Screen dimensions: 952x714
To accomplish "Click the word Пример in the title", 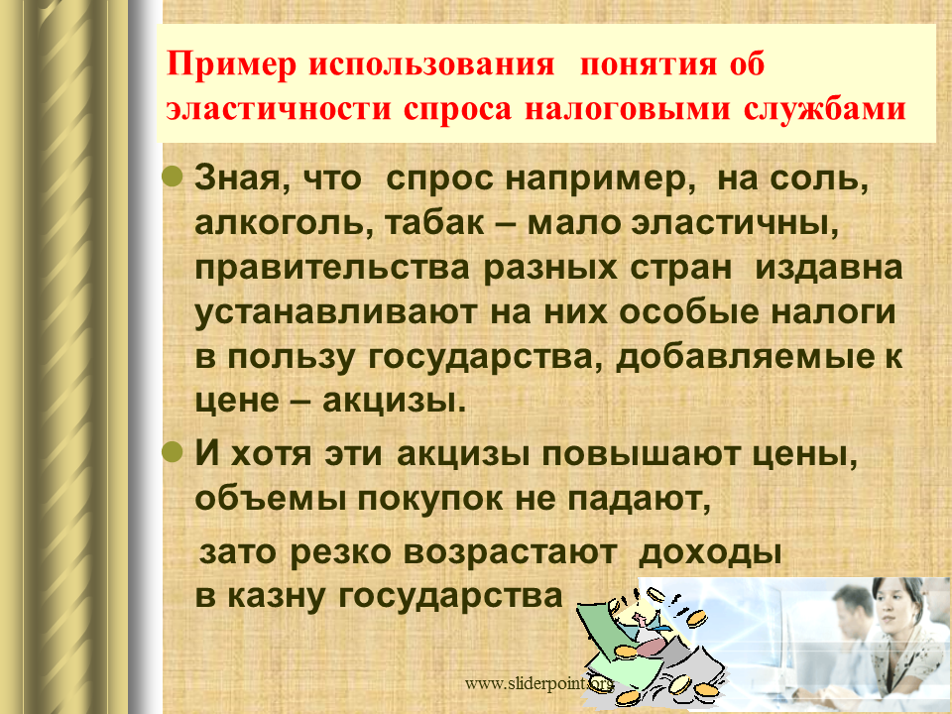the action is click(x=231, y=65).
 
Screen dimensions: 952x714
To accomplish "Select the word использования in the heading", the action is click(x=431, y=64).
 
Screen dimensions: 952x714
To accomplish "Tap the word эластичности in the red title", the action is click(x=279, y=109).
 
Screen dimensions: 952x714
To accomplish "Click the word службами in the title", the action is click(x=824, y=108).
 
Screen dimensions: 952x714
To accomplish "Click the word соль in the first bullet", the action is click(x=820, y=179).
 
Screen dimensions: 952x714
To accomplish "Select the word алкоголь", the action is click(x=284, y=223).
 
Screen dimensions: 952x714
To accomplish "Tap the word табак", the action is click(x=434, y=223).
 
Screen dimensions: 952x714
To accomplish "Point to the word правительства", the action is click(x=332, y=269).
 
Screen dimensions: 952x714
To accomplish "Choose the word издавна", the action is click(x=829, y=269).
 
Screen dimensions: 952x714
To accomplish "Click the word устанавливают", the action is click(x=336, y=312).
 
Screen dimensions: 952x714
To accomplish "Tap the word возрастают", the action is click(x=510, y=552).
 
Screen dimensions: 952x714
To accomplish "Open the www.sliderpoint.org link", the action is click(x=539, y=684).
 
